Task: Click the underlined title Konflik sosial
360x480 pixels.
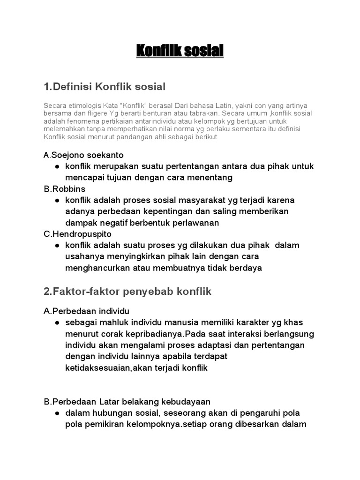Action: pos(180,51)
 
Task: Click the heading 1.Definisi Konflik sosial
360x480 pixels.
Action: pos(105,87)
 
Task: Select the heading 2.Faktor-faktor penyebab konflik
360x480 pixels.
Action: pos(127,292)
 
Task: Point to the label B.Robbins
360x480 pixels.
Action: pos(65,189)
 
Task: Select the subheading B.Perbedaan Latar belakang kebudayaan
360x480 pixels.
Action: pos(127,402)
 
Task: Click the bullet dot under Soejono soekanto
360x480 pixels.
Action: pos(57,167)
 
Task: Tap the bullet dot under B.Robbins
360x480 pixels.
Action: pos(57,201)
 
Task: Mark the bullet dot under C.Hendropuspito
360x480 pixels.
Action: pos(57,246)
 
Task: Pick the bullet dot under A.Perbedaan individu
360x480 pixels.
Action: pos(57,323)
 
